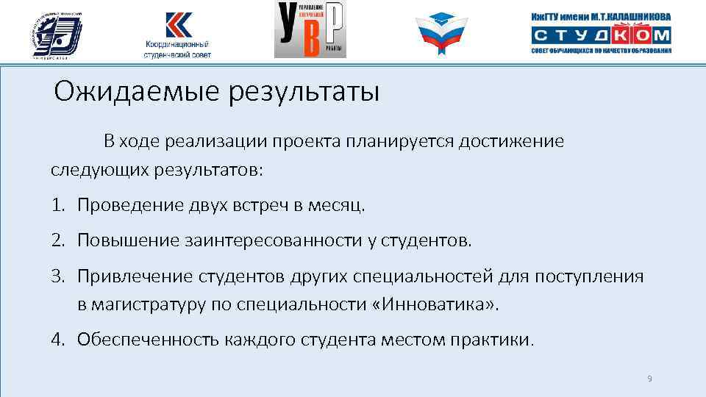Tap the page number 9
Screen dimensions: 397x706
(649, 379)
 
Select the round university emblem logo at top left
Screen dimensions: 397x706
(57, 33)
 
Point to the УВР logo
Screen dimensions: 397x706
(310, 30)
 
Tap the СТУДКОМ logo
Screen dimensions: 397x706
(601, 35)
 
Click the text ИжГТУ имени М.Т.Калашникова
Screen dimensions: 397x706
(601, 16)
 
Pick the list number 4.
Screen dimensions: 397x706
(57, 340)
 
